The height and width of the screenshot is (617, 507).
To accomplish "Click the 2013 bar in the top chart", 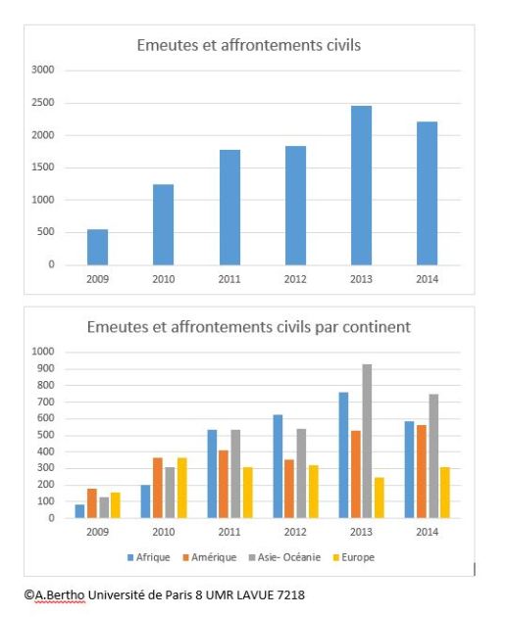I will (x=361, y=185).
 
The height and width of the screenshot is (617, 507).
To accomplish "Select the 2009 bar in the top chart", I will (x=98, y=247).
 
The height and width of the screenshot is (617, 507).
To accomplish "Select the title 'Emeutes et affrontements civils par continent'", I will (x=248, y=326).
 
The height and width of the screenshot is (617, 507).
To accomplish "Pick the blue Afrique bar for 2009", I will (x=79, y=511).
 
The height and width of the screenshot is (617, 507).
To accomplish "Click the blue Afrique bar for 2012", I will (x=279, y=466).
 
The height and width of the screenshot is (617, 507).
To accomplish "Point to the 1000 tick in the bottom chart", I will (x=42, y=352).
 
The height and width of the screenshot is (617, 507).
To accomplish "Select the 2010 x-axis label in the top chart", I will (x=164, y=280).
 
